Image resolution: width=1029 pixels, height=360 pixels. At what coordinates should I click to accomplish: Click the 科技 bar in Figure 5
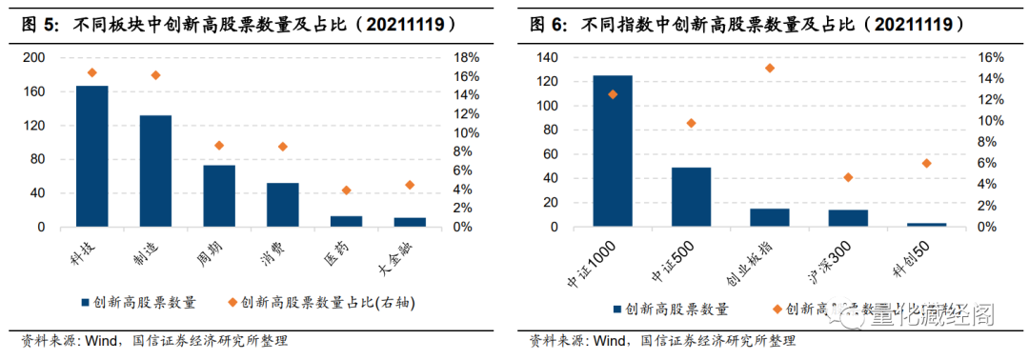click(x=91, y=156)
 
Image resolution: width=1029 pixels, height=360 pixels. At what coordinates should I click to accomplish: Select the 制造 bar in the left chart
click(x=155, y=171)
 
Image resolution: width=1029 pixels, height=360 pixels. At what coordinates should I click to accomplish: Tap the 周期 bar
click(x=219, y=196)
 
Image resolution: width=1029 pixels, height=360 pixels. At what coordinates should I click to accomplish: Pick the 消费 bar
click(x=282, y=205)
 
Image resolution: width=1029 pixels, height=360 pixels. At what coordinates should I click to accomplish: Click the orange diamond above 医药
click(x=346, y=190)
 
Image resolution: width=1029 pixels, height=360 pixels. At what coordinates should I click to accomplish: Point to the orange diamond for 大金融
click(x=410, y=185)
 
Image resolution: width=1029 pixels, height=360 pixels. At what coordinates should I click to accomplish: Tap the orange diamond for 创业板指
click(x=770, y=69)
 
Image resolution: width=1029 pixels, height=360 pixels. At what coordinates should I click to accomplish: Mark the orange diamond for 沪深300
click(x=848, y=177)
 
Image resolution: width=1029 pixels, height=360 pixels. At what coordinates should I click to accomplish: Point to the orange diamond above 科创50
click(x=926, y=164)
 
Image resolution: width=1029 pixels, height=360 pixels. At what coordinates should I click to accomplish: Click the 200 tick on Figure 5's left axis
click(x=33, y=58)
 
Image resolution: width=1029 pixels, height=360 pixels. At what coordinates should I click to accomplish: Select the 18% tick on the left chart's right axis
click(x=465, y=58)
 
